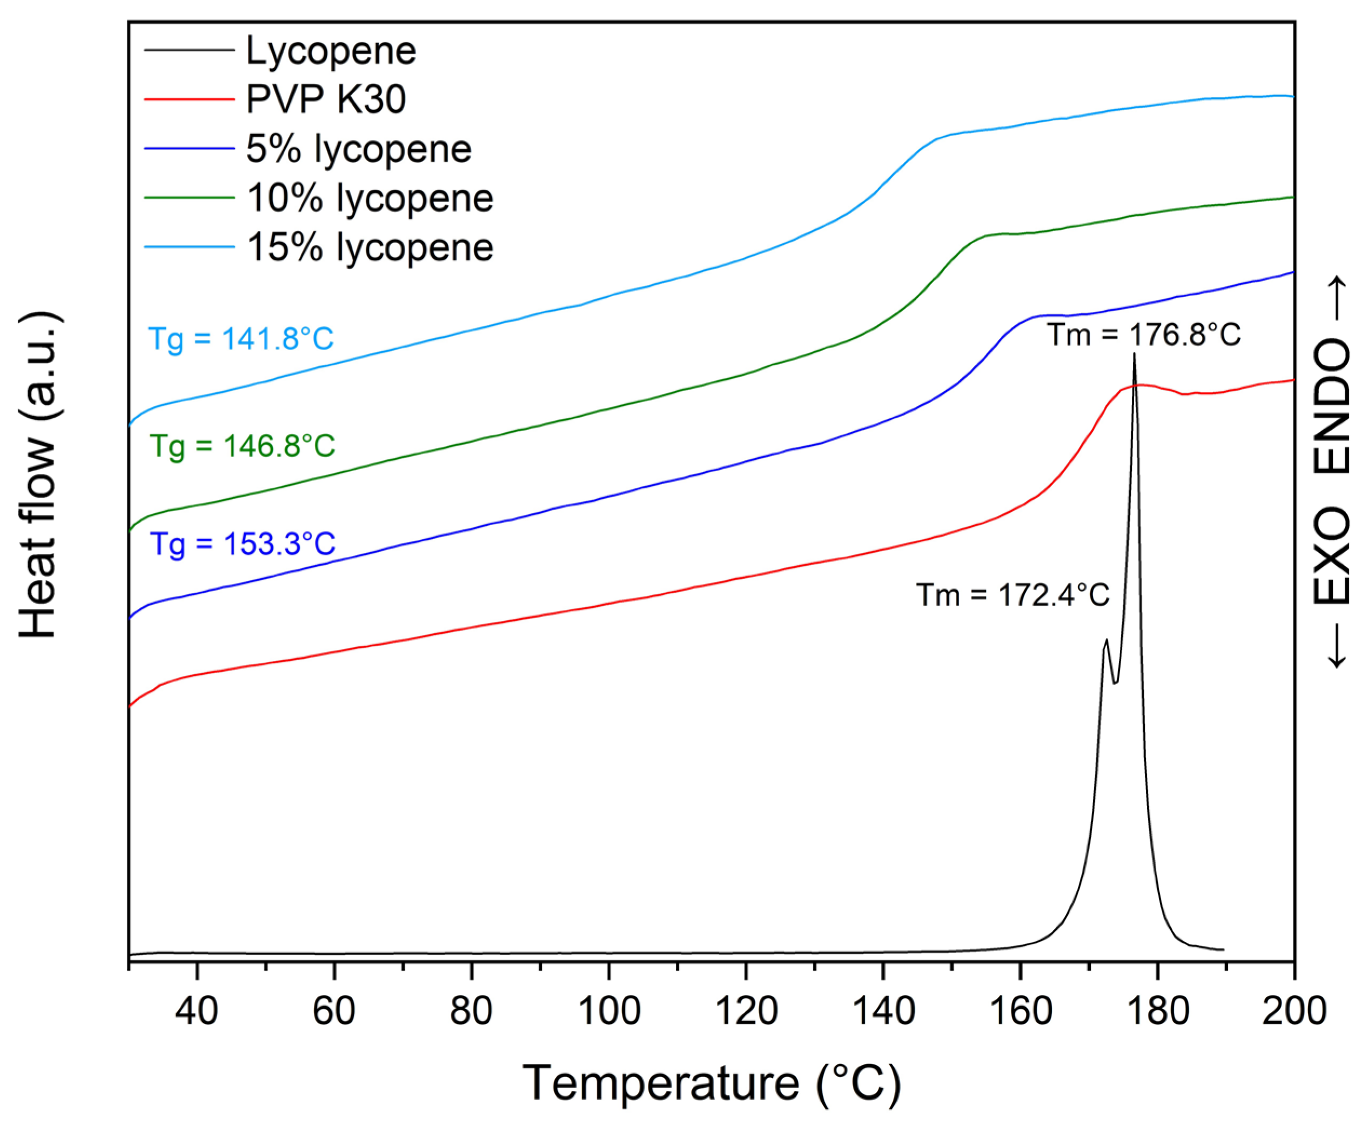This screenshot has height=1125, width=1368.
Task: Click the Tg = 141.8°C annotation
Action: (x=241, y=338)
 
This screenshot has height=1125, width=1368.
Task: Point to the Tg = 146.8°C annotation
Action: (x=243, y=446)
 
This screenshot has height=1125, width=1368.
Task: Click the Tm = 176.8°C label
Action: (x=1144, y=335)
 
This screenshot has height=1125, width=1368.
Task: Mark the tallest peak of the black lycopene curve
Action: (x=1134, y=355)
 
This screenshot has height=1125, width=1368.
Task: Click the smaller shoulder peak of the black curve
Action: (x=1106, y=641)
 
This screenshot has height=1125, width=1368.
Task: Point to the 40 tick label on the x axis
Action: (x=197, y=1010)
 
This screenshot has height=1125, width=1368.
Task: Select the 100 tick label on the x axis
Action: (x=608, y=1010)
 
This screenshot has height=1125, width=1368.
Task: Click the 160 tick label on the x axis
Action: (x=1021, y=1010)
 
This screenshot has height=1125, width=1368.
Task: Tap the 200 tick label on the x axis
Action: (x=1293, y=1010)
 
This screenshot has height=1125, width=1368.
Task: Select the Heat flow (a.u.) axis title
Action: (x=38, y=476)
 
